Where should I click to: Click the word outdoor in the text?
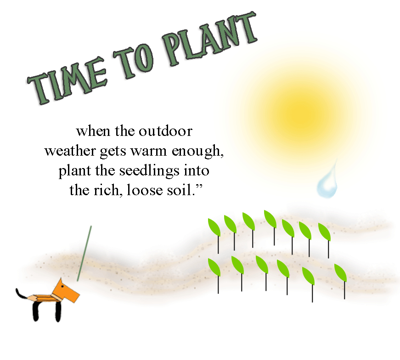pos(165,132)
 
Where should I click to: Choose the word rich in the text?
pos(110,190)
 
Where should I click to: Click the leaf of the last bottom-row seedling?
pos(340,273)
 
